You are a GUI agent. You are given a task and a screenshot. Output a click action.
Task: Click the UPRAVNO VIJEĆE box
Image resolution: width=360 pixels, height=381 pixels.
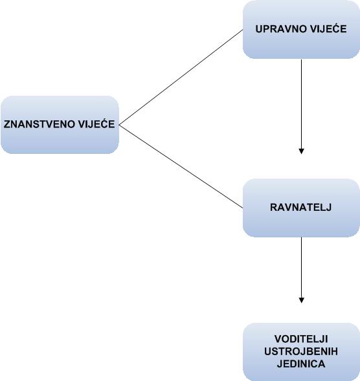click(301, 29)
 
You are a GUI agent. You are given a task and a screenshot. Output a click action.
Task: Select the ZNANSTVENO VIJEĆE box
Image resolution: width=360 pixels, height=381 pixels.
click(60, 125)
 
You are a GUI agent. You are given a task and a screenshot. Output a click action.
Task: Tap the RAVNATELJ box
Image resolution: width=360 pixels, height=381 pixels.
click(301, 208)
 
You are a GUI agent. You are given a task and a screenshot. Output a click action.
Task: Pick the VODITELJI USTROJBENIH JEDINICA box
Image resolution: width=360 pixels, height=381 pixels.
click(301, 352)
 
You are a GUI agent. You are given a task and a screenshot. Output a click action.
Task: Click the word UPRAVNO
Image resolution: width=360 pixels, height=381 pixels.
click(277, 29)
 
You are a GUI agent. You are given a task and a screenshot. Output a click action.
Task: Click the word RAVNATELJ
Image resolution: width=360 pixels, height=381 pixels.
click(300, 207)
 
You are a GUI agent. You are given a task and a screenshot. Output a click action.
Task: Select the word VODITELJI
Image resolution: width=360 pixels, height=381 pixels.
click(301, 339)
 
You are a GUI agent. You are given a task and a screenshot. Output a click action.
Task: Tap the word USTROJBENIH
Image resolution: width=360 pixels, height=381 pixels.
click(301, 351)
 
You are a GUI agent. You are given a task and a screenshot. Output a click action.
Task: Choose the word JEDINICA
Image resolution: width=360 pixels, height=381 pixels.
click(301, 364)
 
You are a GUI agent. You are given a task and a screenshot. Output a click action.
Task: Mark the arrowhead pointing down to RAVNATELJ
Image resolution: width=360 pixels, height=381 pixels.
click(301, 151)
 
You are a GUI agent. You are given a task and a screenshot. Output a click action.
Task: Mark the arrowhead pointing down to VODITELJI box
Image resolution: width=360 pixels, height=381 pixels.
click(301, 300)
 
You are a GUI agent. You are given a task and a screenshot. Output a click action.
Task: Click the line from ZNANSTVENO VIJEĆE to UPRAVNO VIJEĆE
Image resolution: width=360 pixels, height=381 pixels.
click(181, 77)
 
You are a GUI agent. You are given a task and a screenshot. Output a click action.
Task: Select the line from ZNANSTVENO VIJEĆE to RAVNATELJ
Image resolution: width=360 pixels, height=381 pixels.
click(181, 167)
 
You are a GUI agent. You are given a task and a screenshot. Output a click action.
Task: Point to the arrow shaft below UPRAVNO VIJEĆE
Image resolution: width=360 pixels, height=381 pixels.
click(301, 104)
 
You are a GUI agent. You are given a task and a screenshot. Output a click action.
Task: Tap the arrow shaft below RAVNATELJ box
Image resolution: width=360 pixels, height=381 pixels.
click(301, 267)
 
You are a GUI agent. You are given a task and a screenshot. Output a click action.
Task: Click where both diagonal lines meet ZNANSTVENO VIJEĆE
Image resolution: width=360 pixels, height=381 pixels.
click(119, 125)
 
